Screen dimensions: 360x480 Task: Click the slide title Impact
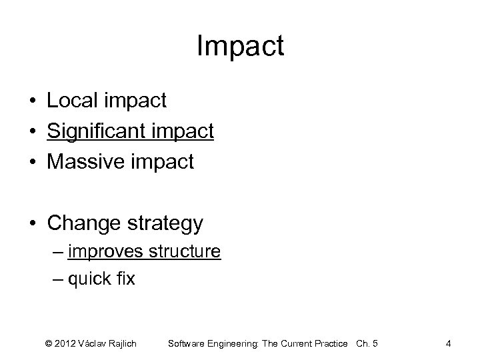(x=240, y=47)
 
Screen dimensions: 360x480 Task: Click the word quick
(x=90, y=279)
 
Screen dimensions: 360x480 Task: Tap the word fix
(x=127, y=279)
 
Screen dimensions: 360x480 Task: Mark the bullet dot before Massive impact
(x=32, y=162)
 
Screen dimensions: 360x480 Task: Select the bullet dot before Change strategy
(x=32, y=223)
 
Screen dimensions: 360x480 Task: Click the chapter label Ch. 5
(x=366, y=343)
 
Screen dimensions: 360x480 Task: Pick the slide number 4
(x=449, y=343)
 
